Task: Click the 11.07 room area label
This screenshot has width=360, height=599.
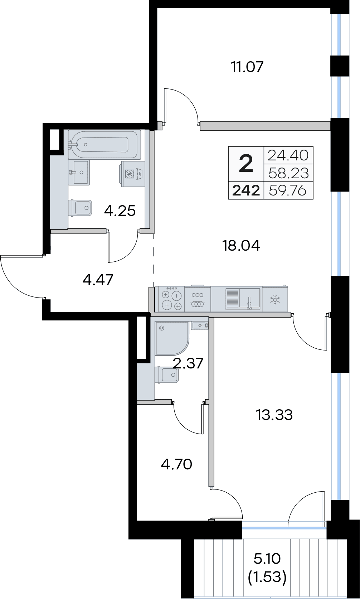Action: [x=247, y=67]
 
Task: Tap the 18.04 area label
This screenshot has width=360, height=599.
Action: [x=241, y=246]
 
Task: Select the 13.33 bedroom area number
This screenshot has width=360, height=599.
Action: [x=274, y=415]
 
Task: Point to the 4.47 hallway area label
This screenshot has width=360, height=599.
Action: [x=98, y=280]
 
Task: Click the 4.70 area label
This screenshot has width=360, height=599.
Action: [x=176, y=464]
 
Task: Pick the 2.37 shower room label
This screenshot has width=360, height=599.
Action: [x=188, y=363]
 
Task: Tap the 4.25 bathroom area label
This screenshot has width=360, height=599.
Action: [x=120, y=211]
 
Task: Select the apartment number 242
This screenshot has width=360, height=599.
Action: [x=246, y=191]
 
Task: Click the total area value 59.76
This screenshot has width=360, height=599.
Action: [x=288, y=191]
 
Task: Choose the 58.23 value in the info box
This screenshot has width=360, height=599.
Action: [x=288, y=173]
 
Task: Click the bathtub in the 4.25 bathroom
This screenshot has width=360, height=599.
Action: [x=104, y=144]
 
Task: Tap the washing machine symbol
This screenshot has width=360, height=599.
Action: [x=133, y=174]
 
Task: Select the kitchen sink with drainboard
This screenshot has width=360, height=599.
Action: [x=243, y=299]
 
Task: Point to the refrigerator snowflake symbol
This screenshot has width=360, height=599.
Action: [x=274, y=299]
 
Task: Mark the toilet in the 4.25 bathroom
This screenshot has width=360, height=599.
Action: [x=80, y=208]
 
